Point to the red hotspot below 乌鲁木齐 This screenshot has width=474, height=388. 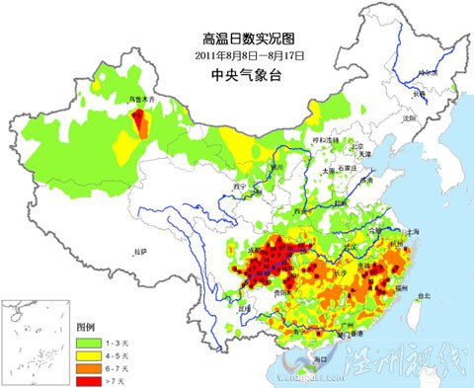141,122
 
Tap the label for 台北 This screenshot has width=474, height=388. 426,295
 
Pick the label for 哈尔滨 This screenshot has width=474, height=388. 427,72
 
